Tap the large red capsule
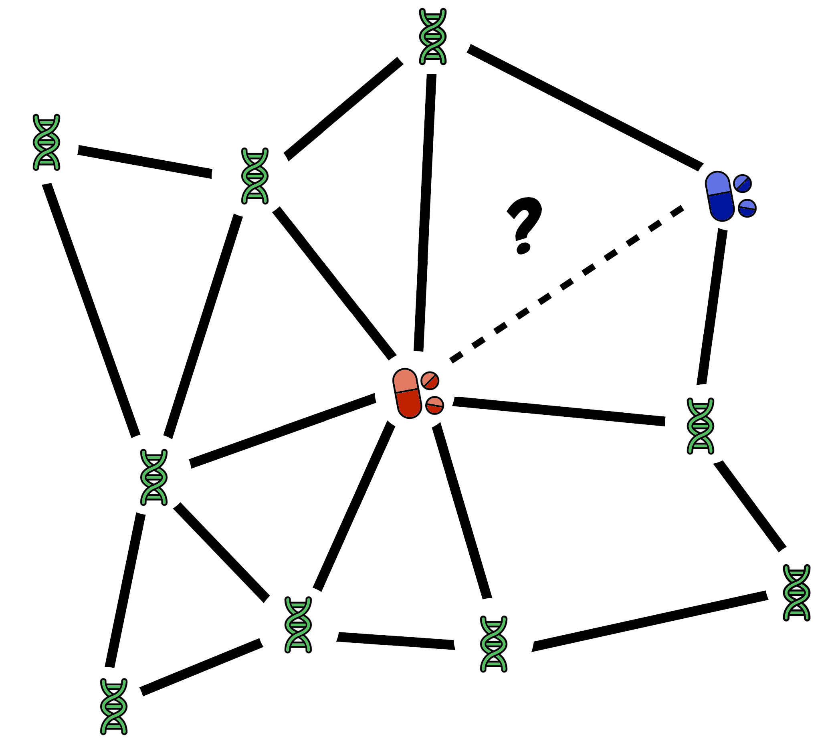tap(407, 393)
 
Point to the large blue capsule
tap(719, 196)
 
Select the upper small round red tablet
tap(430, 380)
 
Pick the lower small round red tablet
tap(434, 406)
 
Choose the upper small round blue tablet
tap(742, 184)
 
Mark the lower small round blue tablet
tap(747, 208)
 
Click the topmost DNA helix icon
tap(432, 36)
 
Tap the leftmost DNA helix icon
tap(46, 142)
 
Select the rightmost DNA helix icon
tap(796, 593)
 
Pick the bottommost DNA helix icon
tap(114, 706)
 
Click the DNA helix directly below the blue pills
tap(700, 426)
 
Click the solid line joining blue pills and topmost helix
tap(585, 107)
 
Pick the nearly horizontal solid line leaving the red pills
tap(558, 411)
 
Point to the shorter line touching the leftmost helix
tap(145, 162)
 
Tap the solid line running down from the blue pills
tap(712, 306)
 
